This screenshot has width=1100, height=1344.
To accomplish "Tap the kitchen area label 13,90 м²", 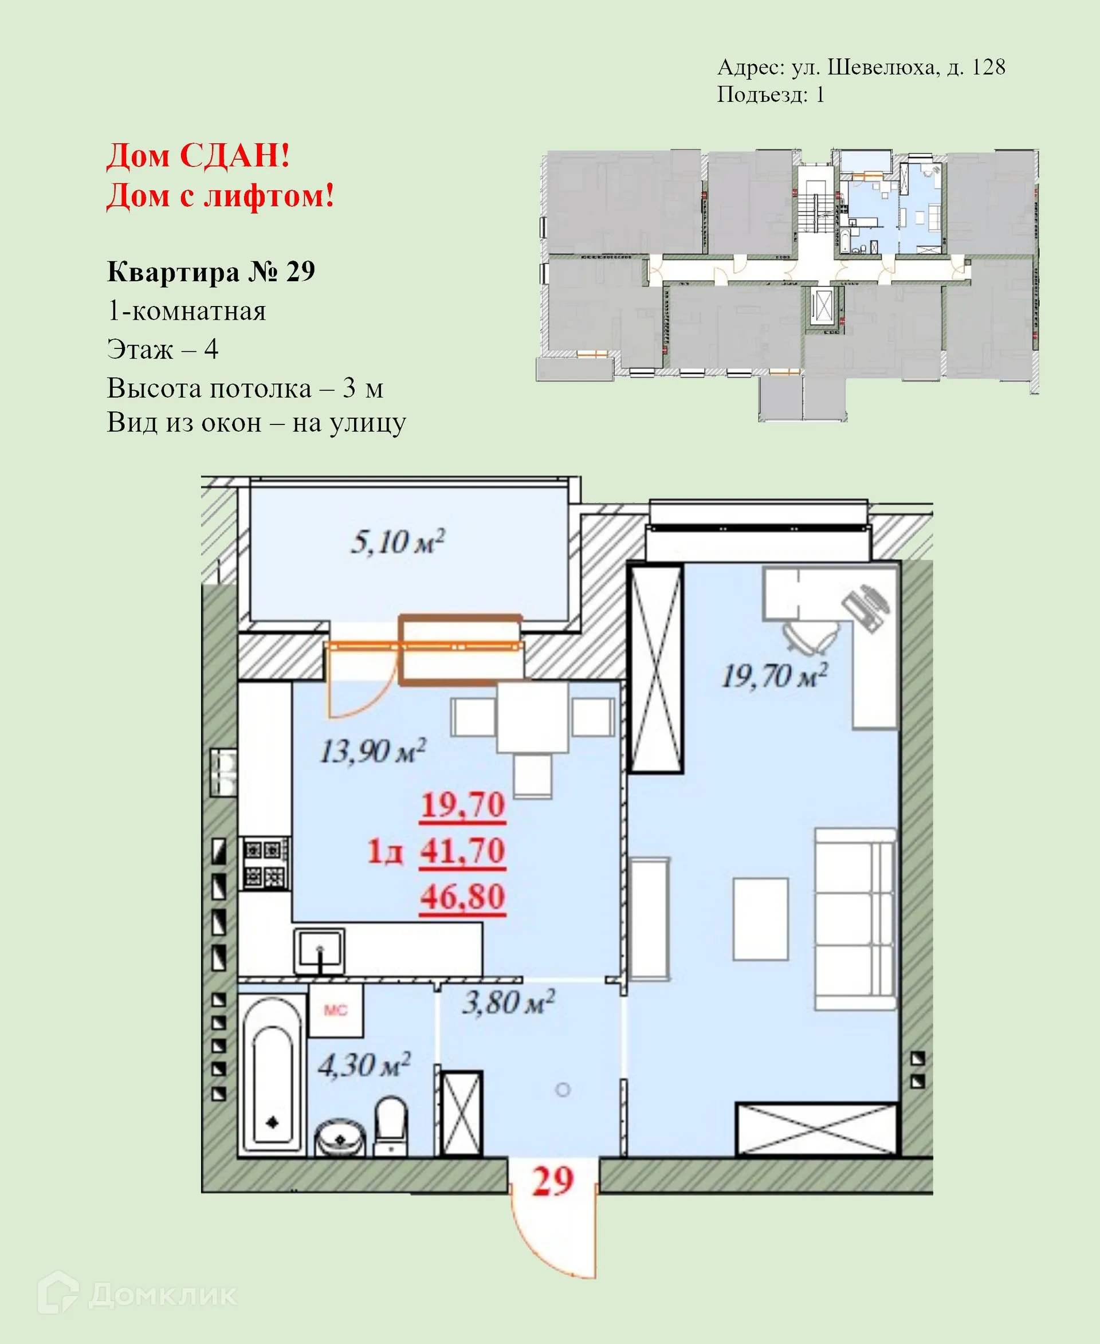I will point(372,752).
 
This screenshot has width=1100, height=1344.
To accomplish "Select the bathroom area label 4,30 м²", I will point(364,1064).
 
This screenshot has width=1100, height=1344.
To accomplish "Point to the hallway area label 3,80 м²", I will point(508,1003).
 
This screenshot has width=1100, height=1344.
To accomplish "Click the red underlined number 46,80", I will point(462,897).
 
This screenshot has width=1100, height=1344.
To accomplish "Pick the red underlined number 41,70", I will point(462,850).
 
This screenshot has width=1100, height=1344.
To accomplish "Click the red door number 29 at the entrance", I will point(552,1182).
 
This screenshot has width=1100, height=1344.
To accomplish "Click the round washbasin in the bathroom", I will point(340,1139).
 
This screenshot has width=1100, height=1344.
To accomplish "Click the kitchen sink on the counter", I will point(319,951).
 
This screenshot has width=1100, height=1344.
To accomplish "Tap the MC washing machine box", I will point(336,1010).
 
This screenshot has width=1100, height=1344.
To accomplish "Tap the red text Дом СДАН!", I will point(198,155).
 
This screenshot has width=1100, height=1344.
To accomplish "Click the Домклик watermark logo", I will point(137,1295).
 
